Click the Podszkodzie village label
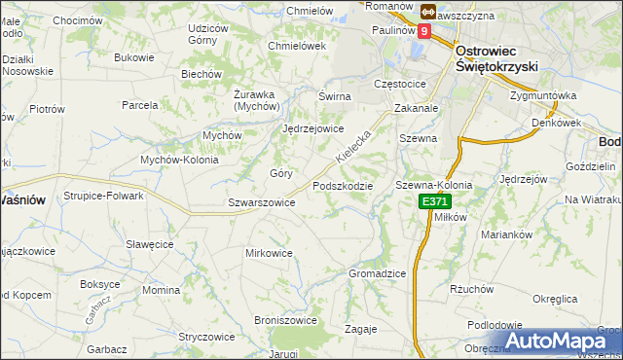coord(342,185)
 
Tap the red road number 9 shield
coord(424,31)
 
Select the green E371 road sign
coord(434,201)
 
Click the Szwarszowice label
coord(261,202)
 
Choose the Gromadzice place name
coord(377,273)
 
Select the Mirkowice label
coord(269,253)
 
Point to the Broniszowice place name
coord(285,319)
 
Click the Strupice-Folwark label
coord(104,196)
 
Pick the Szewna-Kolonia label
coord(433,185)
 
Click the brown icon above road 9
coord(429,11)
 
